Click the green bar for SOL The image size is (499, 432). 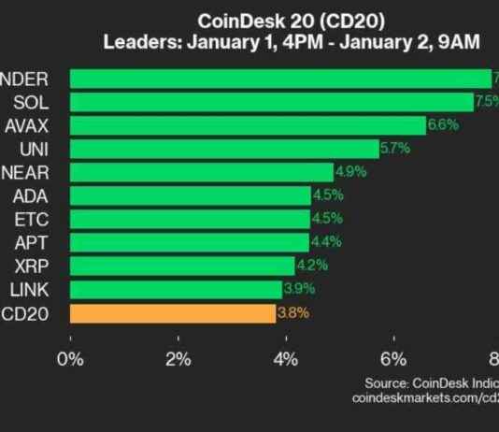271,102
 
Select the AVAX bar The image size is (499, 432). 248,125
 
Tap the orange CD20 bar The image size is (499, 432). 173,313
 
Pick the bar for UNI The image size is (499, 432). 224,149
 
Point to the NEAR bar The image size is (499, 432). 202,172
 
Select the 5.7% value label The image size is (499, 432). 395,149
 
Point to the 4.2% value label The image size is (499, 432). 311,266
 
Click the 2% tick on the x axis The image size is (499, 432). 178,357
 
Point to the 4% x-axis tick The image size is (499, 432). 287,357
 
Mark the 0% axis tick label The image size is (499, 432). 71,357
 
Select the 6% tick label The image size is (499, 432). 394,357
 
